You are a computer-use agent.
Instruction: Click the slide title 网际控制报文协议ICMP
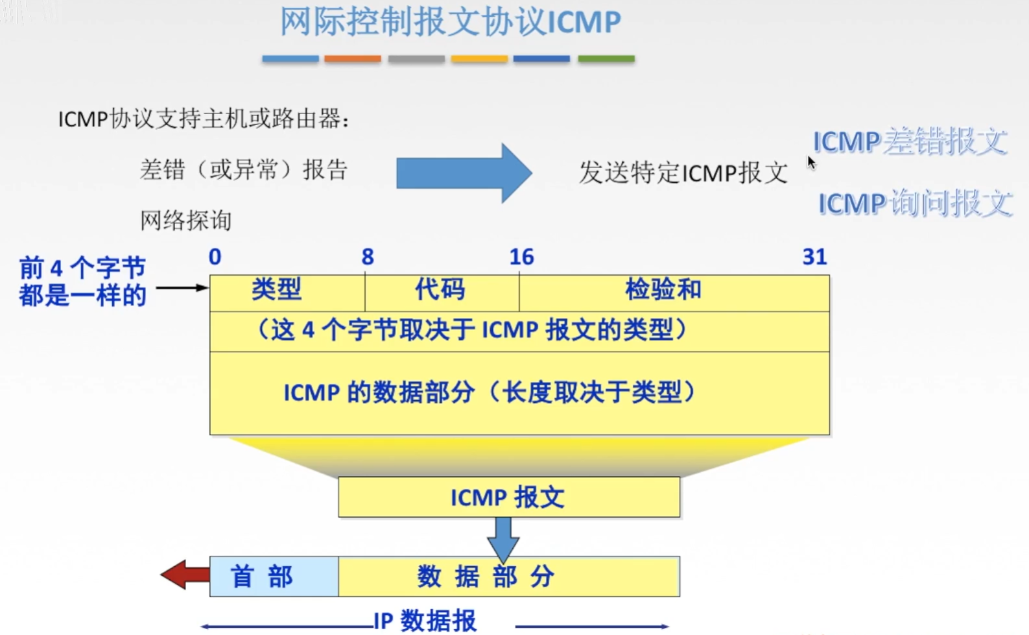[450, 22]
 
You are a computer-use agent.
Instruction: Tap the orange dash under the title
[353, 59]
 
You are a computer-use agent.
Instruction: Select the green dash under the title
[606, 59]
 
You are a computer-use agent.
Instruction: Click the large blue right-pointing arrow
[464, 173]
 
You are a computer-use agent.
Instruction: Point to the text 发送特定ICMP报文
[683, 173]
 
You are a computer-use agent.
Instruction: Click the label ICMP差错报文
[910, 141]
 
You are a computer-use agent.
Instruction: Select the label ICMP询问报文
[914, 204]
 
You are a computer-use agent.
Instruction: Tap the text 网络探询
[186, 221]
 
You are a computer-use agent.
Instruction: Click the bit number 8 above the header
[368, 258]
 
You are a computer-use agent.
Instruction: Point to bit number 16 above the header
[521, 258]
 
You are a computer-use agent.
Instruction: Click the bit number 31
[814, 258]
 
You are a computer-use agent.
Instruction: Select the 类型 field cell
[287, 293]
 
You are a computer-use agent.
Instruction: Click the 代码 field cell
[441, 293]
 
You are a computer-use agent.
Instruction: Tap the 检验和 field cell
[674, 293]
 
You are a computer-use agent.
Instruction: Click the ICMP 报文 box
[508, 497]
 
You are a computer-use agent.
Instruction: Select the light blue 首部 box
[274, 577]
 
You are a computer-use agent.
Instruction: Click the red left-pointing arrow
[184, 575]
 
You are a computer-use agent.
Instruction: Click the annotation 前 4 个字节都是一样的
[82, 282]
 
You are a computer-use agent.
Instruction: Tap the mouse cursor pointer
[811, 162]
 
